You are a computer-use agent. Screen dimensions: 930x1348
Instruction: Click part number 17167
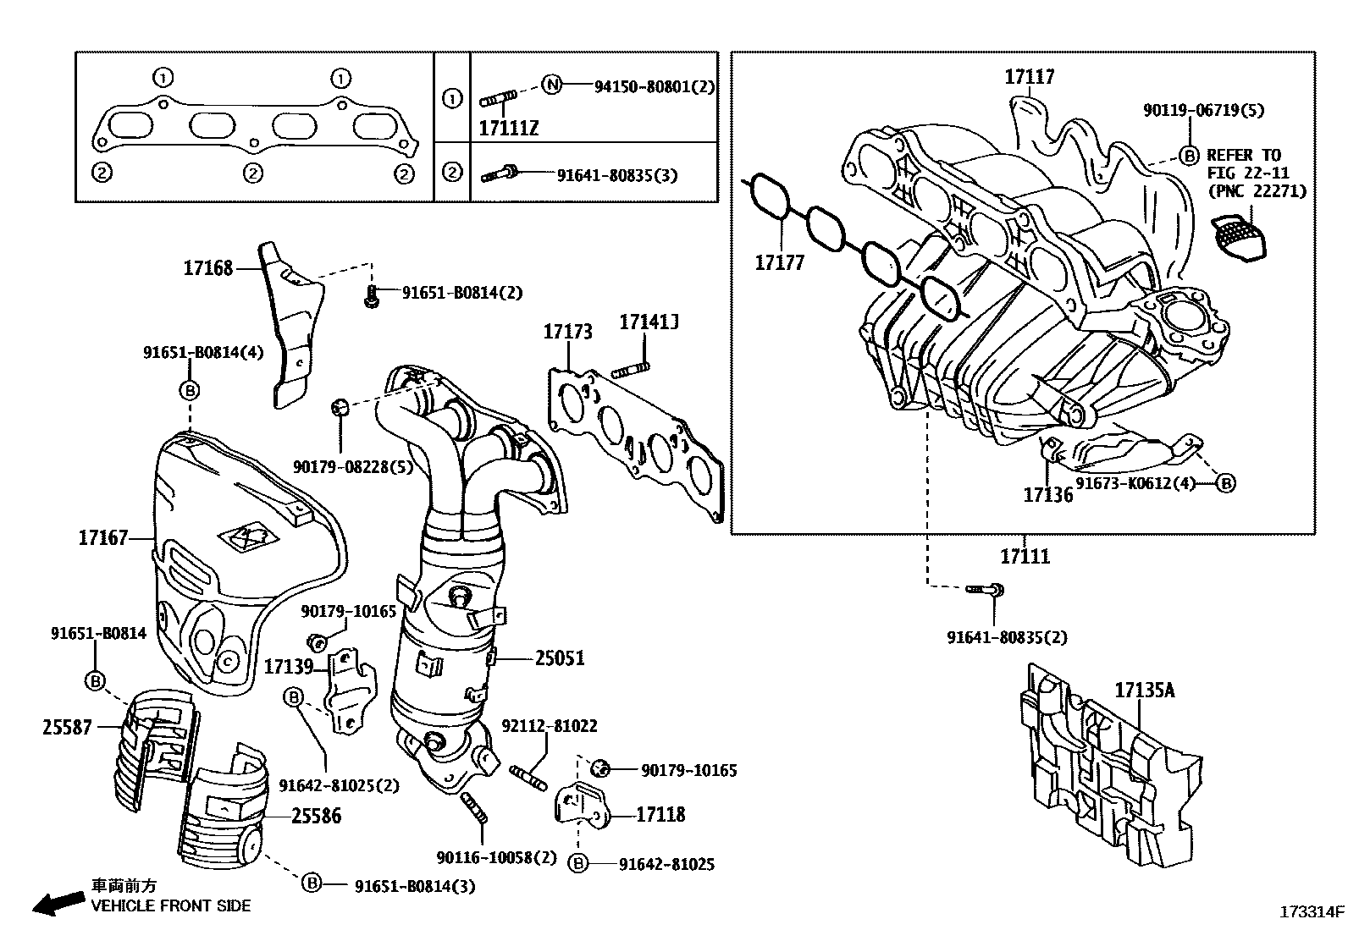[x=102, y=537]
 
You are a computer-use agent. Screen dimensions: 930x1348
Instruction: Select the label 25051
[x=559, y=658]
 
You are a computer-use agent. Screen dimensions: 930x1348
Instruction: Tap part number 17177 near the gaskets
[x=779, y=263]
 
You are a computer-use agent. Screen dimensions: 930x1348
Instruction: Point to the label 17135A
[x=1144, y=690]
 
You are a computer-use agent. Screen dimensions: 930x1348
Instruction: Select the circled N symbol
[x=552, y=85]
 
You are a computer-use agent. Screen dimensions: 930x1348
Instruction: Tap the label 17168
[x=207, y=268]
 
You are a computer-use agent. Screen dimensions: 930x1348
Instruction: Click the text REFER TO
[x=1243, y=156]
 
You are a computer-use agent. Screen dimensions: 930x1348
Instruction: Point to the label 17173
[x=567, y=331]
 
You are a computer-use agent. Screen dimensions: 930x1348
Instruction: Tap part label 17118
[x=660, y=815]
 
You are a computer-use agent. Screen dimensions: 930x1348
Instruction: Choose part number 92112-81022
[x=549, y=726]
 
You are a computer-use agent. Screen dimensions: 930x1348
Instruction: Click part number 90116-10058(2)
[x=496, y=857]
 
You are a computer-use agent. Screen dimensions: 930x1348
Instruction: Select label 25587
[x=67, y=726]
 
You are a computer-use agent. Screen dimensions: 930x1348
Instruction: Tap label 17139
[x=289, y=667]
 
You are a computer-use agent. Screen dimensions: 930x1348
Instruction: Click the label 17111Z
[x=508, y=128]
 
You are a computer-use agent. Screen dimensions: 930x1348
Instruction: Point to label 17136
[x=1047, y=494]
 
